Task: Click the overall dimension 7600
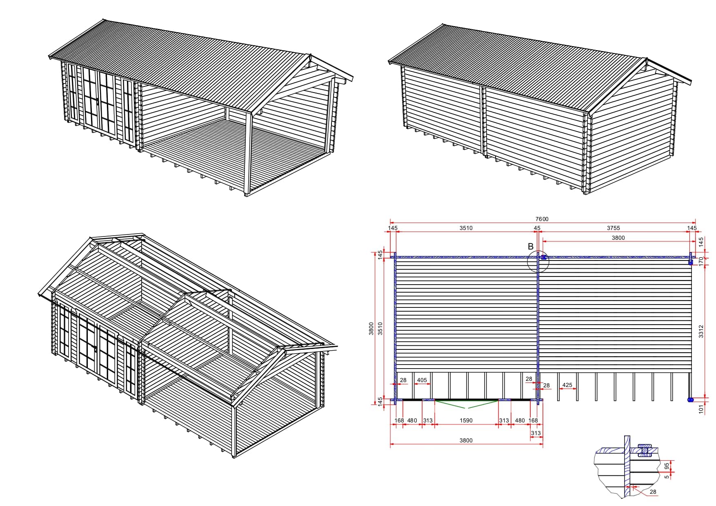tap(542, 219)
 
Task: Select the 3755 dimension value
tap(613, 228)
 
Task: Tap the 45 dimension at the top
tap(537, 228)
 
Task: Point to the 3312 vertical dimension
tap(701, 331)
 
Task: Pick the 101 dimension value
tap(702, 409)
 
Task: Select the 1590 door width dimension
tap(466, 420)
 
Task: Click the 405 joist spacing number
tap(422, 380)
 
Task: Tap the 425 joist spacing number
tap(567, 385)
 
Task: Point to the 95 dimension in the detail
tap(667, 466)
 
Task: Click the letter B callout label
tap(531, 246)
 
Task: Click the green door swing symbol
tap(466, 404)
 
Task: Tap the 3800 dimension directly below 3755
tap(618, 238)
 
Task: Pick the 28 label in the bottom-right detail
tap(653, 492)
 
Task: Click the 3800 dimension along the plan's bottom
tap(466, 440)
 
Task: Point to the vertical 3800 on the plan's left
tap(371, 329)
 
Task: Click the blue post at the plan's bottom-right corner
tap(690, 400)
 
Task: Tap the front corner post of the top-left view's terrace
tap(247, 153)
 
